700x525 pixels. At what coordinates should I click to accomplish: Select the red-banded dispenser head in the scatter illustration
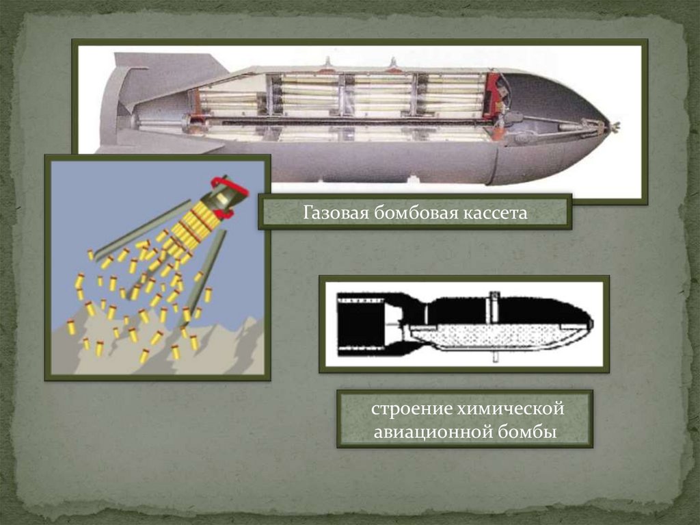229,195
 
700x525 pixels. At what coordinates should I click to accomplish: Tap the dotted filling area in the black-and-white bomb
492,335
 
